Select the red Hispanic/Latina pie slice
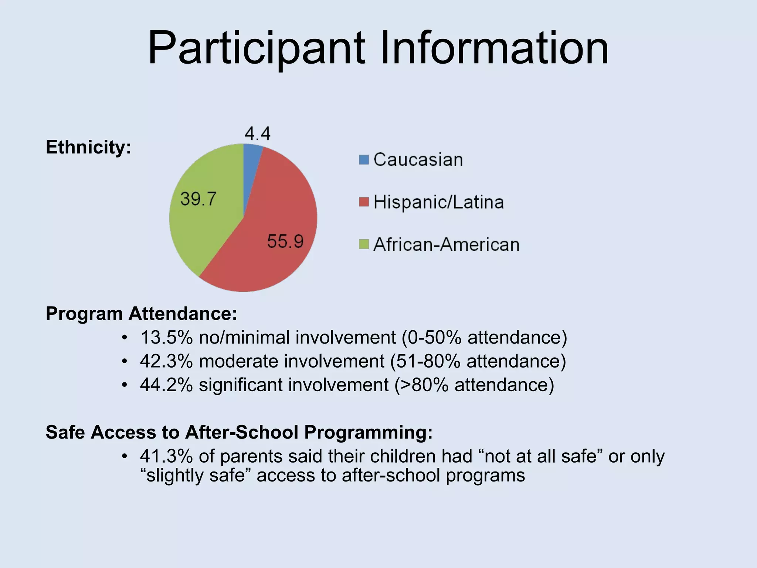(x=274, y=229)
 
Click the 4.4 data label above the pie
(x=258, y=133)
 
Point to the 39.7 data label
(x=198, y=199)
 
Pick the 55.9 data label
(x=285, y=242)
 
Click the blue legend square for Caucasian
(x=364, y=160)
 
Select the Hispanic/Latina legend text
(x=438, y=202)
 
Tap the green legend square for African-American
(x=364, y=244)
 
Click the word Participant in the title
(x=257, y=49)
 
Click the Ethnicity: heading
(x=88, y=147)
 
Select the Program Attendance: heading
(x=141, y=314)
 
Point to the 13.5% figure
(x=166, y=338)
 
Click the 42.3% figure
(x=166, y=361)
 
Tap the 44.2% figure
(x=166, y=385)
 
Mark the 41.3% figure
(x=166, y=456)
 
